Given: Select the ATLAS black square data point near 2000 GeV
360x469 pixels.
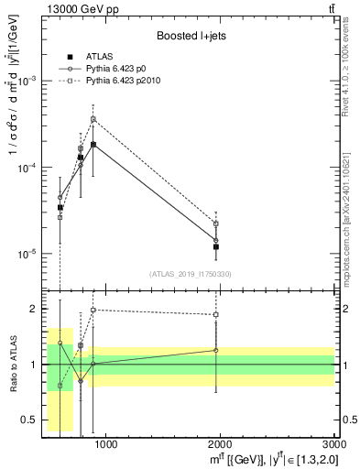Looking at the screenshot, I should pos(216,246).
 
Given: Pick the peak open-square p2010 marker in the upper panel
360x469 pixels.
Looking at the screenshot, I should pos(93,119).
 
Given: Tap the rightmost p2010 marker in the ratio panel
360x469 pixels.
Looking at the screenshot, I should pos(216,314).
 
